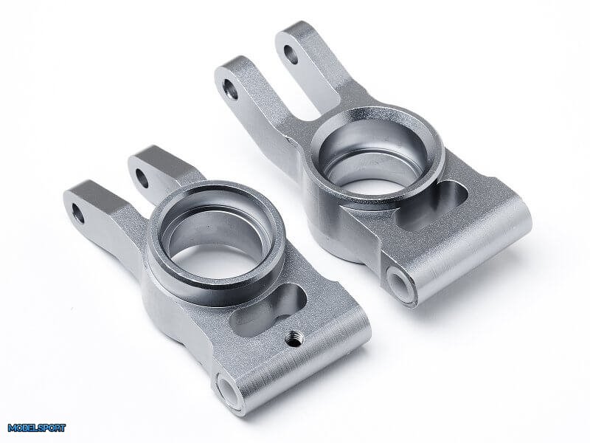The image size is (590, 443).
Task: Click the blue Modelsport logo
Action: pyautogui.click(x=36, y=428)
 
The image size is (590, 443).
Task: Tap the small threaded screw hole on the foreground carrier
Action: pyautogui.click(x=294, y=338)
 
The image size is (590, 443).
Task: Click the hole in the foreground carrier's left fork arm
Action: pyautogui.click(x=78, y=213)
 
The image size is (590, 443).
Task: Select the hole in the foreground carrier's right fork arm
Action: pyautogui.click(x=142, y=179)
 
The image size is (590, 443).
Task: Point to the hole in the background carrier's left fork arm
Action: pyautogui.click(x=230, y=89)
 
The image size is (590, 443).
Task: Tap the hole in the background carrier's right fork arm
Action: pyautogui.click(x=291, y=55)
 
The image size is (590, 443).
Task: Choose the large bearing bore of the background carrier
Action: pyautogui.click(x=374, y=157)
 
